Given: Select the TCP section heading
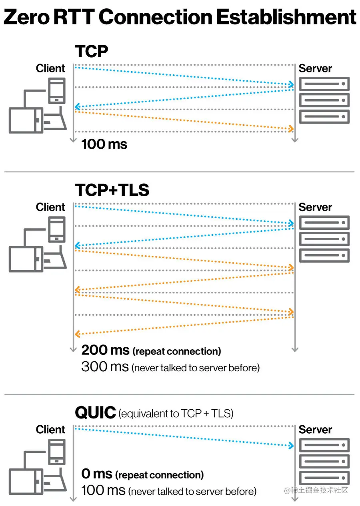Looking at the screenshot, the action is pos(92,52).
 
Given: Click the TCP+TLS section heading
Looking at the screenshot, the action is pos(112,190).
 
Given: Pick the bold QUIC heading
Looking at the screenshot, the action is pos(95,412).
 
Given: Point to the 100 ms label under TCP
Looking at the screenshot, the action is pos(104,144).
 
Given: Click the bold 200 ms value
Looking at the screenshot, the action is pos(105,351).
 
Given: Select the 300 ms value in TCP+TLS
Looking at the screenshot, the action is pos(105,366).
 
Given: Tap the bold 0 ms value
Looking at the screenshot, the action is pos(96,474).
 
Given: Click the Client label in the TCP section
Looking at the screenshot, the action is pos(50,68).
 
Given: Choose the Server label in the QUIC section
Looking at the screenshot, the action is pos(315,430).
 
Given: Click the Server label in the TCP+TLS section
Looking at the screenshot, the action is pos(315,207).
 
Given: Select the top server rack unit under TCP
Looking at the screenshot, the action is pos(324,84).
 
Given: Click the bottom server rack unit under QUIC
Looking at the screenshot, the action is pos(324,478).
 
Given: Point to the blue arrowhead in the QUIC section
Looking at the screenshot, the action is pos(291,445).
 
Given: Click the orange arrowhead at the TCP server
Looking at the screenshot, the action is pos(291,128).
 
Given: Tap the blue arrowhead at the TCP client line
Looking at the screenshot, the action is pos(77,107).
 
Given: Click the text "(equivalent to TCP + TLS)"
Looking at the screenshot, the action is pos(176,414).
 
